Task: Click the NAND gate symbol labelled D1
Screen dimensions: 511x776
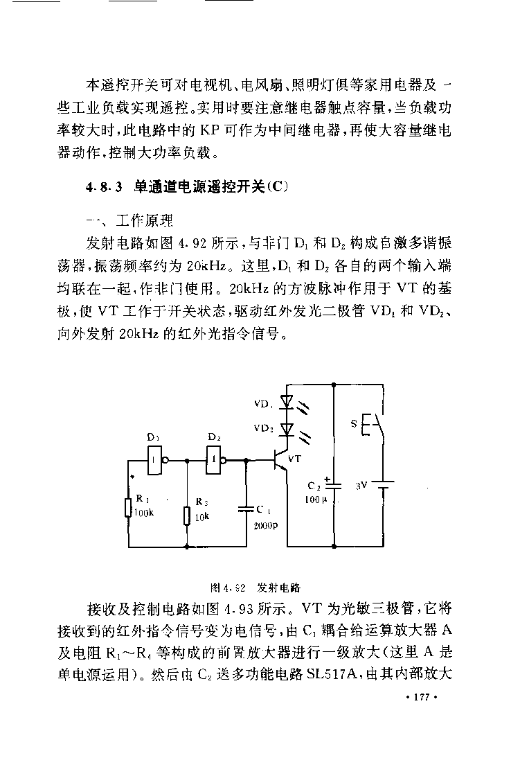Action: pos(156,460)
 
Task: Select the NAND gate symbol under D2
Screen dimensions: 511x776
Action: pos(216,460)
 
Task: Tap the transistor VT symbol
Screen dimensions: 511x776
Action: pos(280,460)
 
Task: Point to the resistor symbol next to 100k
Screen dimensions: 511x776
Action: pos(127,507)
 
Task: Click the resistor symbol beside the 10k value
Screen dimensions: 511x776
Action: pos(187,515)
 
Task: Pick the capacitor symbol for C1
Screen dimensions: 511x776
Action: pos(246,509)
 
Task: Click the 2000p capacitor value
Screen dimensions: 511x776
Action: pos(266,526)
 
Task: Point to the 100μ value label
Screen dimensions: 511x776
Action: pos(316,500)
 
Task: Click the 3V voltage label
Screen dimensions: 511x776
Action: pos(361,486)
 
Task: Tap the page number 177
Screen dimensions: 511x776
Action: pos(422,697)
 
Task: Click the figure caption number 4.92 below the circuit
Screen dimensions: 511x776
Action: pos(233,588)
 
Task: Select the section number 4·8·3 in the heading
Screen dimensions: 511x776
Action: pos(104,188)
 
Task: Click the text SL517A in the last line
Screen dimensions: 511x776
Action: pos(332,674)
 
